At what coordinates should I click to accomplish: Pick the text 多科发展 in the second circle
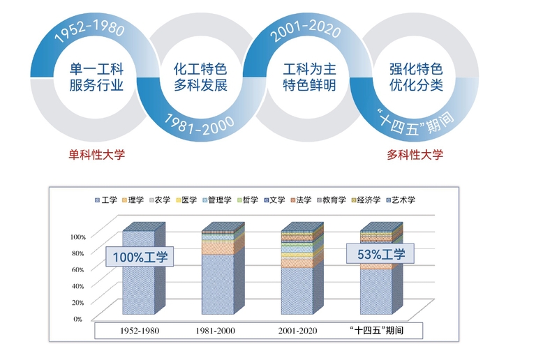(x=200, y=87)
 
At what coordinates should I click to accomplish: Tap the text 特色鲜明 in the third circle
(x=309, y=87)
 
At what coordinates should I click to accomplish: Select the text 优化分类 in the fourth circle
(x=416, y=87)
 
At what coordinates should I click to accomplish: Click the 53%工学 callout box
(x=381, y=254)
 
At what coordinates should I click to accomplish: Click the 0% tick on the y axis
(x=78, y=319)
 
